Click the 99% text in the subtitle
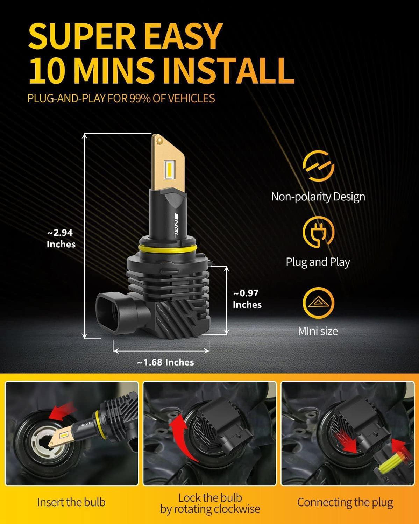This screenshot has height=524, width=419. pyautogui.click(x=140, y=98)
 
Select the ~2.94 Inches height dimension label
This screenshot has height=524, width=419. pyautogui.click(x=61, y=238)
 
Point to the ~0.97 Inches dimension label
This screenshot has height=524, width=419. pyautogui.click(x=247, y=299)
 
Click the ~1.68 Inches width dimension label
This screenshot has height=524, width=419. pyautogui.click(x=165, y=362)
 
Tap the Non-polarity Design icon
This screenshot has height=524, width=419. pyautogui.click(x=318, y=166)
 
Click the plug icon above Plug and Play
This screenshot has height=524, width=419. pyautogui.click(x=318, y=232)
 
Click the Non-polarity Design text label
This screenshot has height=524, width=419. pyautogui.click(x=318, y=197)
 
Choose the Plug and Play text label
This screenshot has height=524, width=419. pyautogui.click(x=318, y=262)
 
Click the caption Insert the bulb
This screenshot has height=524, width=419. pyautogui.click(x=71, y=502)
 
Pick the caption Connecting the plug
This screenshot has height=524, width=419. pyautogui.click(x=345, y=502)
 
